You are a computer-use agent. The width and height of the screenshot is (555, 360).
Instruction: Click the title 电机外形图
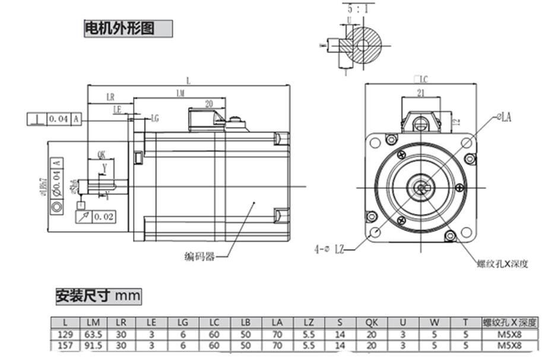pyautogui.click(x=120, y=28)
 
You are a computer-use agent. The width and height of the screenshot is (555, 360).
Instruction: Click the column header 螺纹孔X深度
pyautogui.click(x=510, y=323)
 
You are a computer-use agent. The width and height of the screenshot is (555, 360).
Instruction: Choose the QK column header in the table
pyautogui.click(x=372, y=323)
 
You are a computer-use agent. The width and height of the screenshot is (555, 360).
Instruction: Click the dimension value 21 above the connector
pyautogui.click(x=420, y=92)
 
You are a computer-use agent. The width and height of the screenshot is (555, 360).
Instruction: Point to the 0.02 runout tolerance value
pyautogui.click(x=103, y=217)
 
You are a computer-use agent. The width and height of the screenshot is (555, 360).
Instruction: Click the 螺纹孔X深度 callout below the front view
pyautogui.click(x=502, y=264)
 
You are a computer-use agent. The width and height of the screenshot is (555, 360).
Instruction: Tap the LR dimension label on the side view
pyautogui.click(x=110, y=97)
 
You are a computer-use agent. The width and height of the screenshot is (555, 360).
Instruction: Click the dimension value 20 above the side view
pyautogui.click(x=208, y=103)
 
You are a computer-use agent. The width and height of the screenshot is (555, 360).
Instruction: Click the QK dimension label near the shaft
pyautogui.click(x=102, y=154)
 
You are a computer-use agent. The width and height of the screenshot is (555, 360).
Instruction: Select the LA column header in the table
pyautogui.click(x=277, y=323)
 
